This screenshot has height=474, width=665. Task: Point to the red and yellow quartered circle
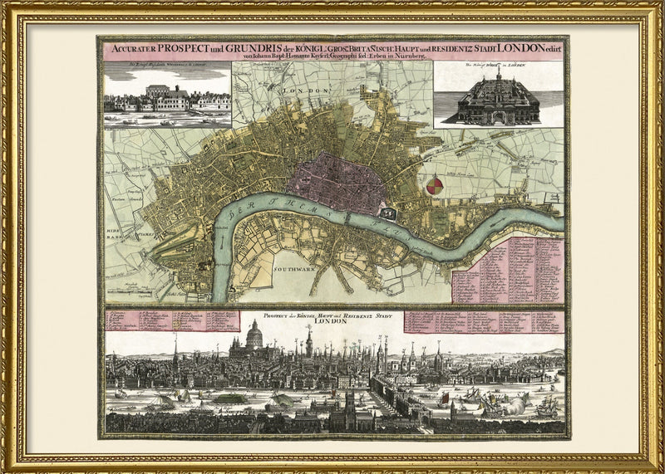[x=435, y=186]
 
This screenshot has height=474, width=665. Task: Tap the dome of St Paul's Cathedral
[x=254, y=334]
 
